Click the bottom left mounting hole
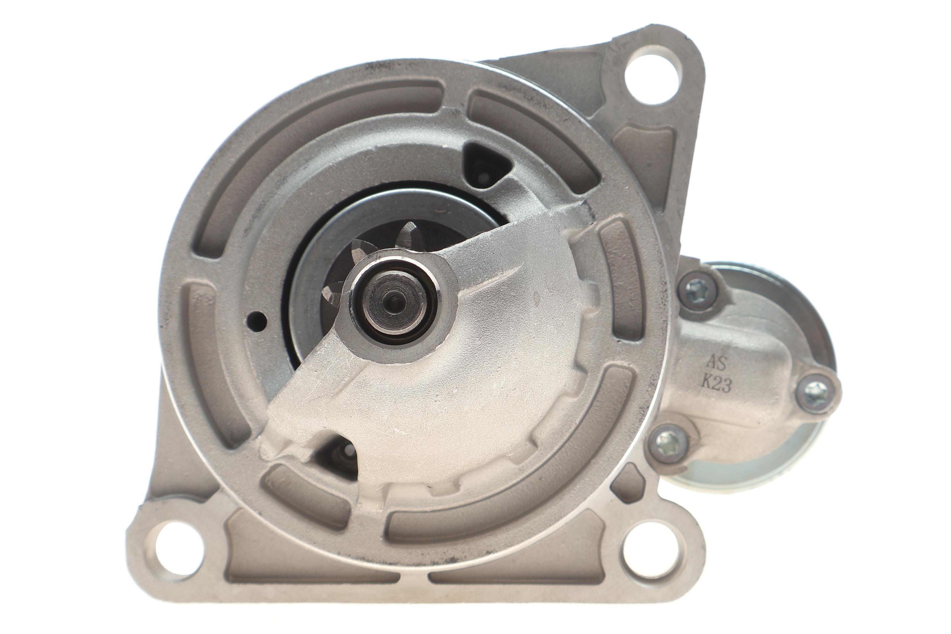pos(179,549)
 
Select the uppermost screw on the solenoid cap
pos(698,291)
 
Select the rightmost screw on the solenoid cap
pos(816,393)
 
